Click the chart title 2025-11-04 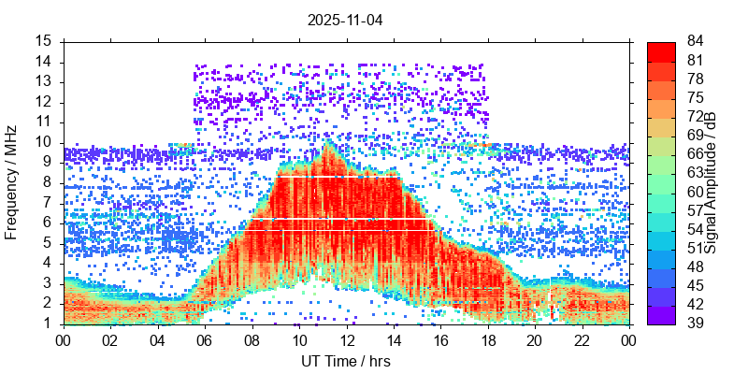point(346,19)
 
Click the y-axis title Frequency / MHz point(12,182)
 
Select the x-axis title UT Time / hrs point(346,361)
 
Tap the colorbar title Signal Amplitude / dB point(711,182)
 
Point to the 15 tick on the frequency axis point(44,41)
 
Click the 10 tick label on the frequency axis point(44,142)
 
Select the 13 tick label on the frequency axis point(44,82)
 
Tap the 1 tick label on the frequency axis point(48,324)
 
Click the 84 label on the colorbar point(669,41)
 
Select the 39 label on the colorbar point(669,324)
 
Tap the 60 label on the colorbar point(669,192)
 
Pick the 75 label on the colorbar point(669,97)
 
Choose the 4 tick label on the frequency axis point(48,263)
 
